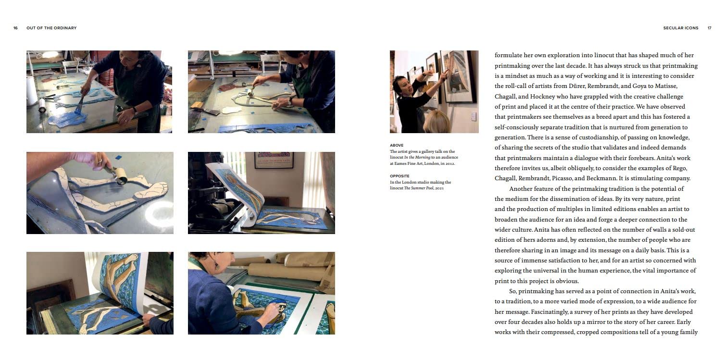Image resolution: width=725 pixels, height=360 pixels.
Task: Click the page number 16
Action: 15,28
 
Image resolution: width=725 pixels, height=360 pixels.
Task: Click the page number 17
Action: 709,28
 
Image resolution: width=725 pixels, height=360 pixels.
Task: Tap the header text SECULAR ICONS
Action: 681,28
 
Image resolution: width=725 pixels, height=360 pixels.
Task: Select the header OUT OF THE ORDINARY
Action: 51,28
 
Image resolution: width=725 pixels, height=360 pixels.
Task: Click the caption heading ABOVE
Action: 397,145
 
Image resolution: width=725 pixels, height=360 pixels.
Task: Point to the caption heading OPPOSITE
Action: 400,176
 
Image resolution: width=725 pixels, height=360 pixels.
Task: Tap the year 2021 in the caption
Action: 439,188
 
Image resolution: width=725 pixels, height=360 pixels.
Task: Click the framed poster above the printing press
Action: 274,160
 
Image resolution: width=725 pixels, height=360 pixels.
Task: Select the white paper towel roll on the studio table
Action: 31,91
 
